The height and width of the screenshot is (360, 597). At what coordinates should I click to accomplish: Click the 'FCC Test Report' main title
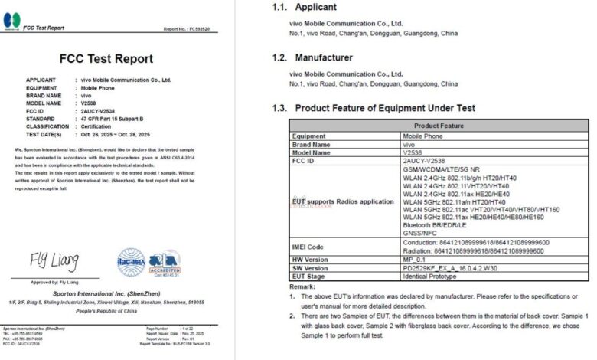click(x=106, y=59)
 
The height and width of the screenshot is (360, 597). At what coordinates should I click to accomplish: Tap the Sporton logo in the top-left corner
click(x=11, y=21)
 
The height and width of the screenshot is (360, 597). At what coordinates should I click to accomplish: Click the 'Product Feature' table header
click(x=439, y=126)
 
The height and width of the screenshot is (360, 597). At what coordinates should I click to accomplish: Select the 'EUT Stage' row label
click(x=311, y=277)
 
